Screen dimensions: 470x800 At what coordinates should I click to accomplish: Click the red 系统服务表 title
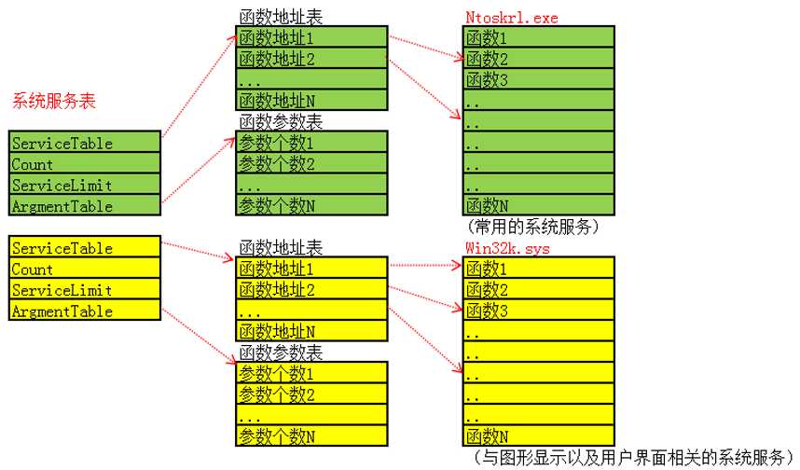tap(54, 101)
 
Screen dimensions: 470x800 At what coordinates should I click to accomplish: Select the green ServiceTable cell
tap(84, 143)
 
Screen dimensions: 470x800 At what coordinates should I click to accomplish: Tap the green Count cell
tap(84, 164)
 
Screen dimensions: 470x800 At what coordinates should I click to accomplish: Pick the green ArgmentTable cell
tap(84, 206)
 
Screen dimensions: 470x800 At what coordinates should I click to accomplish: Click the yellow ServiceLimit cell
tap(84, 290)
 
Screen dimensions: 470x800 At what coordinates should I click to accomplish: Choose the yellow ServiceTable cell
tap(84, 248)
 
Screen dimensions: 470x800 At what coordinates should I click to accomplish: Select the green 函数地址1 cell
tap(310, 38)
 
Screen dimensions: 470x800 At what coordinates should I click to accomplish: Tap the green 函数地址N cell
tap(310, 101)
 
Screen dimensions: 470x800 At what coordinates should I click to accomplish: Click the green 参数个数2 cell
tap(310, 164)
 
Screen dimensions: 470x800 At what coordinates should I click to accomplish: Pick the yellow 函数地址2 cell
tap(310, 290)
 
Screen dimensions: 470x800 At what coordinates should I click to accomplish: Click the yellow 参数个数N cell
tap(310, 436)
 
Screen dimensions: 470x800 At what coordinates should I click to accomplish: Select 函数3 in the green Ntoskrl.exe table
tap(538, 80)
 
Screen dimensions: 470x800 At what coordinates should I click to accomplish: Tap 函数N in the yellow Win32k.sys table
tap(538, 436)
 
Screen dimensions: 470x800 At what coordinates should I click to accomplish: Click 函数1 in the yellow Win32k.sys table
tap(538, 269)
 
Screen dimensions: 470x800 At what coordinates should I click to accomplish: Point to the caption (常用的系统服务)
tap(531, 227)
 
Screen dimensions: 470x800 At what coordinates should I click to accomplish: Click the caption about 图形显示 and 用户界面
tap(632, 457)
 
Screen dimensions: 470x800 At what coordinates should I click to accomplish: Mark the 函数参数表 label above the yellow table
tap(281, 352)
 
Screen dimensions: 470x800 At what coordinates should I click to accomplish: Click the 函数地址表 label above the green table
tap(281, 17)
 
